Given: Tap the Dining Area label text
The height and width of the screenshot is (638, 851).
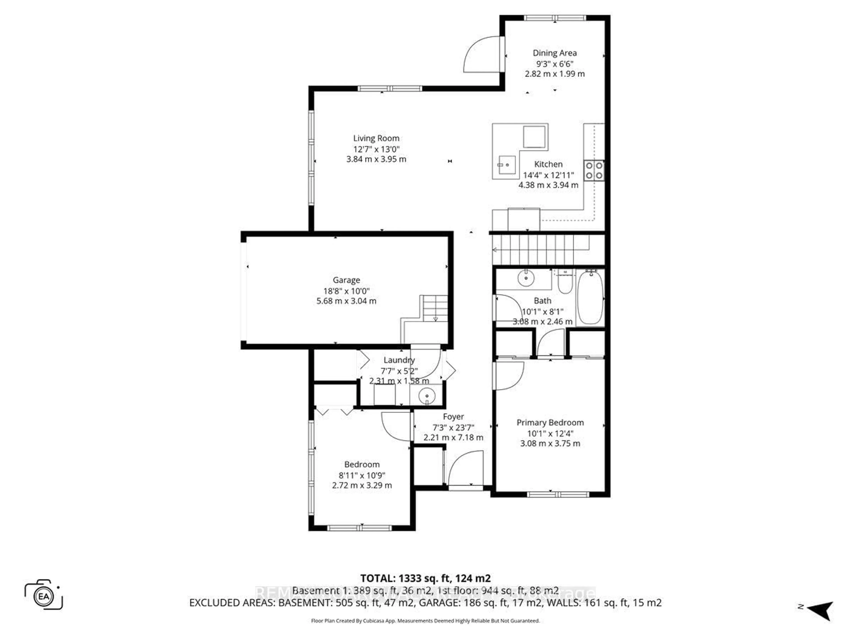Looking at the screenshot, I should [554, 53].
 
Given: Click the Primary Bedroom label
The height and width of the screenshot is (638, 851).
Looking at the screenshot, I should [550, 423].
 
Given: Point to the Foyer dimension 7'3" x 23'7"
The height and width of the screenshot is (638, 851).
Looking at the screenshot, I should [453, 427].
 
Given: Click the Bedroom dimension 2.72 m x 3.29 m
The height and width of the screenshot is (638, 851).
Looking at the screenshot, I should [362, 485].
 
